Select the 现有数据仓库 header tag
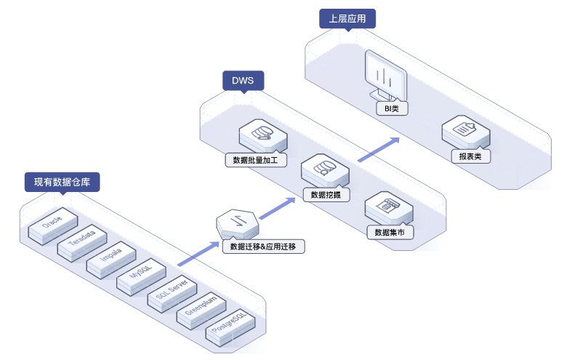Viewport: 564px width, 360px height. pyautogui.click(x=62, y=182)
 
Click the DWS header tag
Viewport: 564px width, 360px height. pyautogui.click(x=243, y=80)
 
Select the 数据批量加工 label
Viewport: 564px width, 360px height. pyautogui.click(x=255, y=159)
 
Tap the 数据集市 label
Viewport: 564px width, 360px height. pyautogui.click(x=390, y=233)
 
